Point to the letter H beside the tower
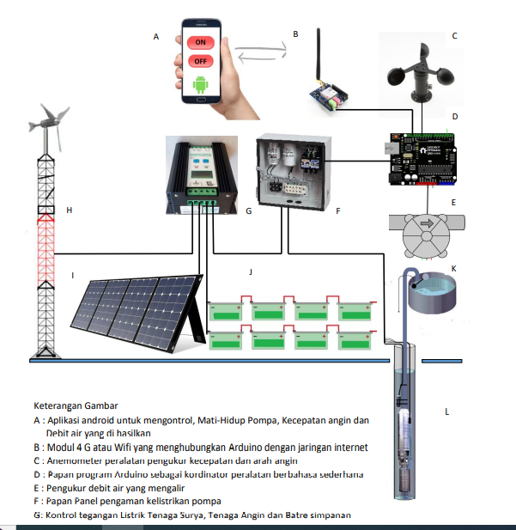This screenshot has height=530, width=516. (69, 210)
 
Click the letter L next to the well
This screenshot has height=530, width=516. (447, 411)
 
